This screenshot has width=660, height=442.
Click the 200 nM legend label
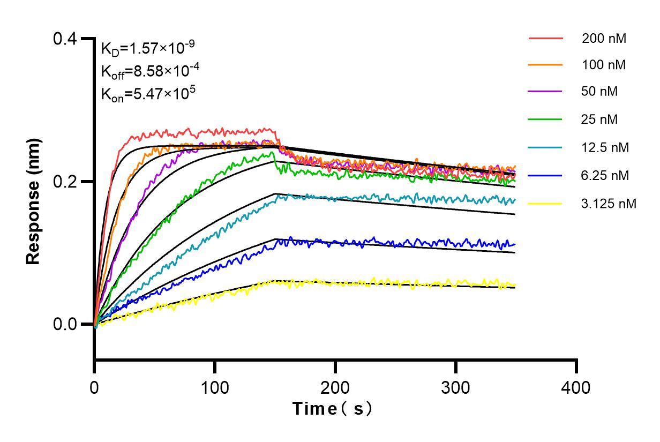pos(604,39)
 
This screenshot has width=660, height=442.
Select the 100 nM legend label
pos(604,65)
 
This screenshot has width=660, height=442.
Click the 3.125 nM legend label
pos(609,204)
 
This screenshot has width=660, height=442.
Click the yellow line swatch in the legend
pos(546,204)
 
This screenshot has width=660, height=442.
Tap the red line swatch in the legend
pos(546,39)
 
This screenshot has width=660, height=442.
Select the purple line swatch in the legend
pos(546,92)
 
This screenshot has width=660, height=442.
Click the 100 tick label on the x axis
pos(215,387)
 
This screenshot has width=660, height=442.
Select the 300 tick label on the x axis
pos(456,387)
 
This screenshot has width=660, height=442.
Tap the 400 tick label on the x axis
pos(576,387)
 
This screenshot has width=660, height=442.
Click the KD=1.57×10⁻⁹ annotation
pos(147,49)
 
